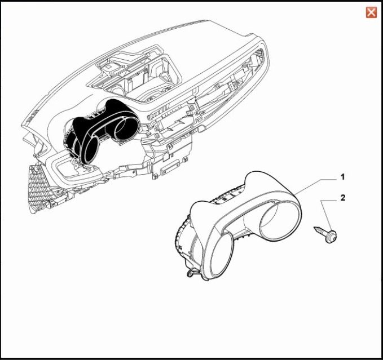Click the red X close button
click(371, 12)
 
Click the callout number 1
click(342, 177)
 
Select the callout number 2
click(343, 198)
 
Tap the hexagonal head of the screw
click(332, 236)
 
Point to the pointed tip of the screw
click(314, 228)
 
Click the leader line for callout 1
click(315, 187)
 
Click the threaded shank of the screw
click(321, 231)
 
